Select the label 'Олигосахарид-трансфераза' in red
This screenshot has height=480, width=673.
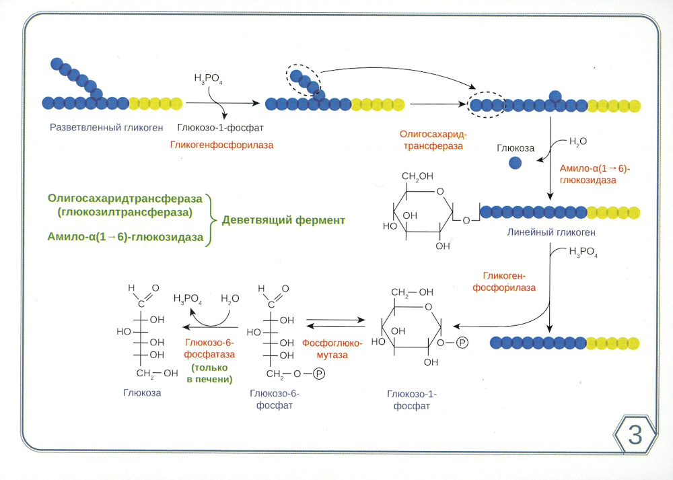click(x=431, y=140)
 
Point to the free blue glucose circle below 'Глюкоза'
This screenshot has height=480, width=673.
click(x=515, y=162)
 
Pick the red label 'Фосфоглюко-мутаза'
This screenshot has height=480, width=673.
click(x=332, y=349)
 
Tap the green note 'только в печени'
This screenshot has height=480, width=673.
click(x=209, y=374)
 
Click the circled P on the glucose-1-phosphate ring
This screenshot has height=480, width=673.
click(x=462, y=343)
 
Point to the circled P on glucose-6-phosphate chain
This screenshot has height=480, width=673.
click(x=319, y=373)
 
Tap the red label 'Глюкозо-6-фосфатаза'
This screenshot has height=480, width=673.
click(x=211, y=349)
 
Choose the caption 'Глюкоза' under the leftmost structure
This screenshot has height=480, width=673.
click(x=142, y=392)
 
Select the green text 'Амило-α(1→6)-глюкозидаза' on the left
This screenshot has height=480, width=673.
click(x=125, y=236)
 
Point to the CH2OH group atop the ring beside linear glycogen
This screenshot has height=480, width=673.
click(x=417, y=177)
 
